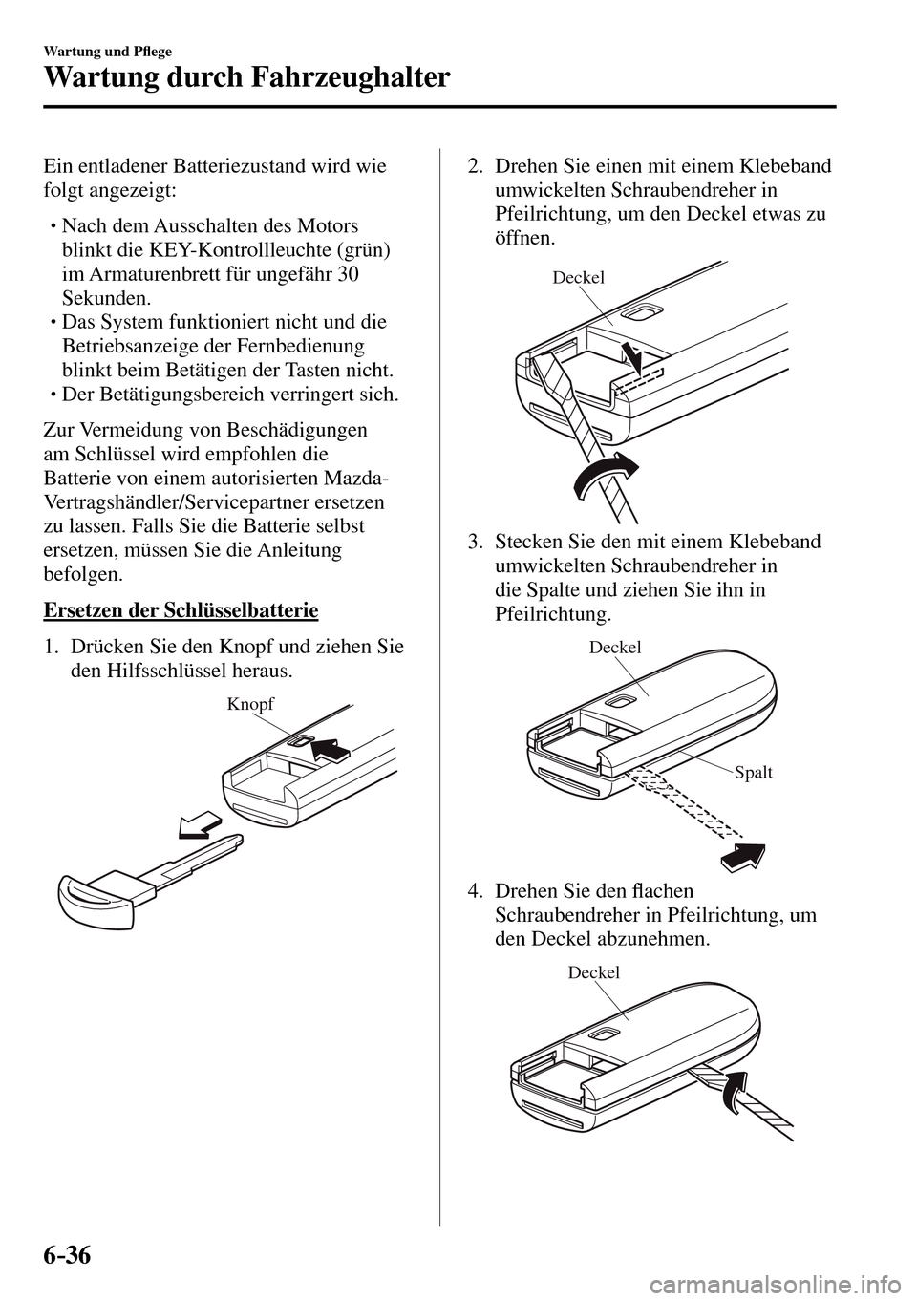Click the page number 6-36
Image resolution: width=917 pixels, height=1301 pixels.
(66, 1252)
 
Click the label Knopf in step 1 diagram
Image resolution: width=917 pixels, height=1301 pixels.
(250, 704)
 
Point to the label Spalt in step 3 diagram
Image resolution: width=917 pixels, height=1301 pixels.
(754, 772)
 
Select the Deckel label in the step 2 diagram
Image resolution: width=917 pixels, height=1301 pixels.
(579, 278)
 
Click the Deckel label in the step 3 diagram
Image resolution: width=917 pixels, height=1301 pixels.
(615, 647)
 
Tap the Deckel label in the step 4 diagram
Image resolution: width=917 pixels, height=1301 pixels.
(593, 971)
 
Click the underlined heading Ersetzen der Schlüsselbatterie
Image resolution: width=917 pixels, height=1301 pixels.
(181, 609)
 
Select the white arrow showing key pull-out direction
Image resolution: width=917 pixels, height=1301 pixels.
(201, 824)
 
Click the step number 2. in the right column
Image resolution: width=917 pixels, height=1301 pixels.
(475, 166)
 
